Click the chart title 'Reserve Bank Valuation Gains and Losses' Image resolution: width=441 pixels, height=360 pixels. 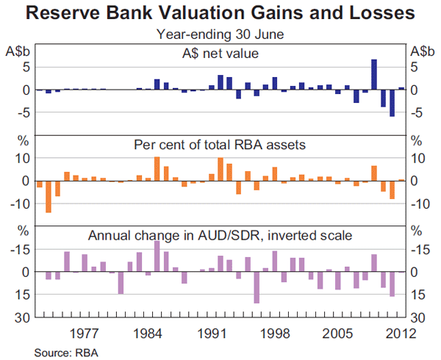[x=220, y=13]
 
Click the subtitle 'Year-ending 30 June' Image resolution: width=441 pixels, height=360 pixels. [x=220, y=33]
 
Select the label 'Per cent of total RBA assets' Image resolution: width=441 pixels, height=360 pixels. [x=220, y=145]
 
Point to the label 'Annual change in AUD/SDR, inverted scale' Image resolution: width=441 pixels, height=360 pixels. [x=220, y=236]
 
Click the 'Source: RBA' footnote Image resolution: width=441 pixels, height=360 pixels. [x=66, y=352]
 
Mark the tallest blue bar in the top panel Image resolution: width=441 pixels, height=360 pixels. [x=374, y=74]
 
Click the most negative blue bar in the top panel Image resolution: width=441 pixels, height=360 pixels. [x=392, y=103]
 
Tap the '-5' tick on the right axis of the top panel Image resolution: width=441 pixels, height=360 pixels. [x=417, y=112]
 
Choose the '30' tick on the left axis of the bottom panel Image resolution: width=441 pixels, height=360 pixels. [x=21, y=317]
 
